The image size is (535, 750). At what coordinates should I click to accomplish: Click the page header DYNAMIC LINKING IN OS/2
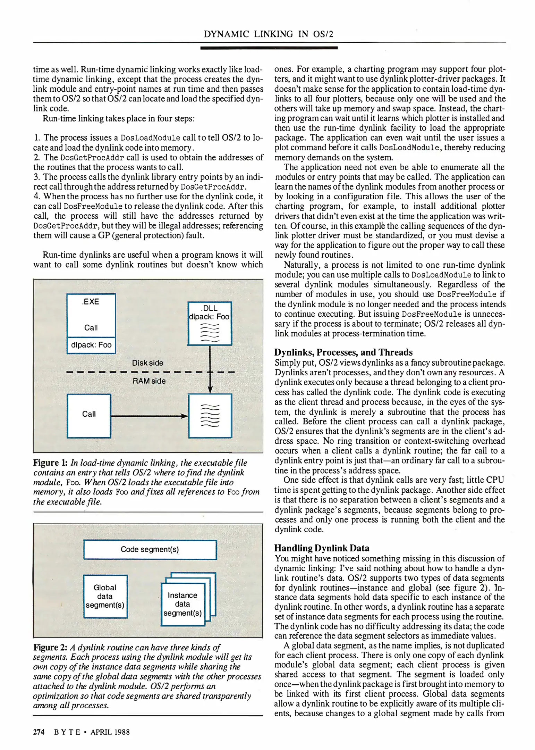268,34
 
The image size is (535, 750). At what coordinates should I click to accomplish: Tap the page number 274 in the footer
39,732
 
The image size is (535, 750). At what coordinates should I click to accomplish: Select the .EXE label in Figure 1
91,301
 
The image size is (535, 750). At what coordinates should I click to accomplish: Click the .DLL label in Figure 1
209,308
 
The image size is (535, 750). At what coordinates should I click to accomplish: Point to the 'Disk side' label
147,363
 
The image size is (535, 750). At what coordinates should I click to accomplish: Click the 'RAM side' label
149,381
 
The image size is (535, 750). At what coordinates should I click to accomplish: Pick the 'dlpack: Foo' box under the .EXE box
91,345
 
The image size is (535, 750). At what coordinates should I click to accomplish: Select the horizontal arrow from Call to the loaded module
149,416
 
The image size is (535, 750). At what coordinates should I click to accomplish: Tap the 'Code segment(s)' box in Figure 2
150,550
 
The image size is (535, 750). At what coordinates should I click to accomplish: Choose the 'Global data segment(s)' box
105,597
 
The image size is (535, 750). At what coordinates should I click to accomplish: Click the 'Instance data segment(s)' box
182,605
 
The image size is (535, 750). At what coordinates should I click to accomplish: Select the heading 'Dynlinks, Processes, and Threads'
343,352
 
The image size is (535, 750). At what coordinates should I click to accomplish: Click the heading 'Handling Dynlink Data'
322,548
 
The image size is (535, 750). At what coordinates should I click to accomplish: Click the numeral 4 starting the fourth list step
36,196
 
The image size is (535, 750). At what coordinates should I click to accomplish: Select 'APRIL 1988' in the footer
110,732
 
